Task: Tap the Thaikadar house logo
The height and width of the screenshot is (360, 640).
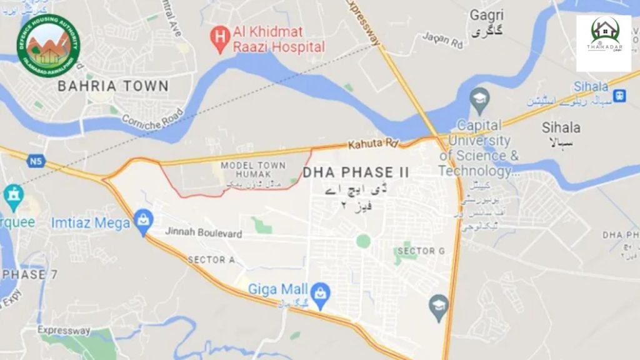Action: pyautogui.click(x=603, y=43)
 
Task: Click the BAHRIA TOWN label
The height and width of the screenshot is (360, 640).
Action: pyautogui.click(x=113, y=86)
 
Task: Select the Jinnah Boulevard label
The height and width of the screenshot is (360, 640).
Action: pyautogui.click(x=203, y=232)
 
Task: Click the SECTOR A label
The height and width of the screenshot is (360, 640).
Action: pyautogui.click(x=211, y=260)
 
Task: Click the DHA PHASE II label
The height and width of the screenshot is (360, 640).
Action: pyautogui.click(x=356, y=172)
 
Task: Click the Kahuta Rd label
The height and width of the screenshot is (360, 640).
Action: pyautogui.click(x=373, y=144)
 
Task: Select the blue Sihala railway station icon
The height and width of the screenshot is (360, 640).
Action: pyautogui.click(x=620, y=96)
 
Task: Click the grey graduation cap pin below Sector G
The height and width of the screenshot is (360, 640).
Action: pyautogui.click(x=439, y=306)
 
